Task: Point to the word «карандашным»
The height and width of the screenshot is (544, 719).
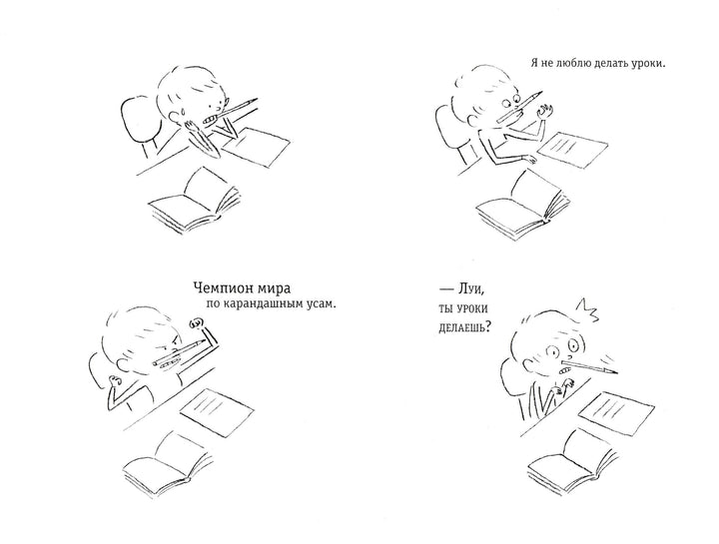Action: coord(262,303)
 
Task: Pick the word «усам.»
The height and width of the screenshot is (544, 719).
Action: coord(321,303)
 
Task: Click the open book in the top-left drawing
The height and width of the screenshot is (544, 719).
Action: coord(196,202)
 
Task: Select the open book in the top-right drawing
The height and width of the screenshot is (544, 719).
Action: coord(522,206)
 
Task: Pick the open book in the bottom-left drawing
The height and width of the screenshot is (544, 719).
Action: coord(168,464)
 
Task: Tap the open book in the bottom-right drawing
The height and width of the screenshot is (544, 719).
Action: coord(573,462)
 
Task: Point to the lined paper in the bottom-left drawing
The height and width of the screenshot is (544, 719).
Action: coord(217,409)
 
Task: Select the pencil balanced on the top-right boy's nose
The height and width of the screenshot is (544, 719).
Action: coord(519,107)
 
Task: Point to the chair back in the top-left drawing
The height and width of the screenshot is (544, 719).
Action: coord(140,121)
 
